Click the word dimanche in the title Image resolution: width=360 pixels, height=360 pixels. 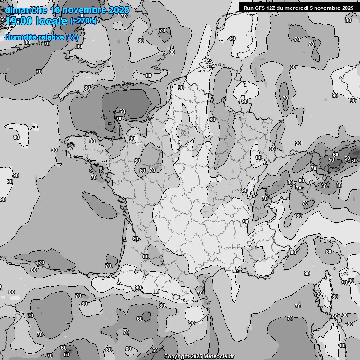tap(23, 10)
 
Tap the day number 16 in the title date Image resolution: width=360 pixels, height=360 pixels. tap(55, 10)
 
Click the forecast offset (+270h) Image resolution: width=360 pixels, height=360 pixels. tap(83, 21)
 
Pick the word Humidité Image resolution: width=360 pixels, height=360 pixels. tap(19, 37)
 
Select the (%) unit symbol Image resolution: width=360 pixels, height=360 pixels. tap(72, 37)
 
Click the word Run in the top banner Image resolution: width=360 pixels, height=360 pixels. tap(248, 8)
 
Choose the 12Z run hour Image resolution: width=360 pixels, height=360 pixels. tap(272, 8)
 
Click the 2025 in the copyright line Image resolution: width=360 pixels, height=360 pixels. tap(195, 357)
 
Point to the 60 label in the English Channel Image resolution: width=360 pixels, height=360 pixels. tap(122, 111)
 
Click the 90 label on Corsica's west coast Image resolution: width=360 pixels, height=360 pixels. tap(319, 294)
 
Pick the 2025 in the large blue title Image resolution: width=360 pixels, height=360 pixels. tap(119, 10)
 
